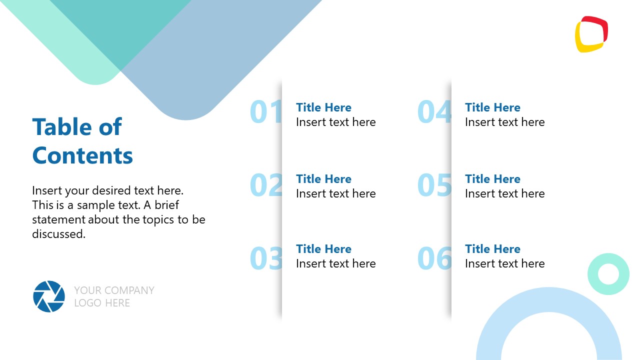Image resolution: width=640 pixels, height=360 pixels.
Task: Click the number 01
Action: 265,112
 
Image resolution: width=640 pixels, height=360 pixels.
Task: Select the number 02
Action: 265,185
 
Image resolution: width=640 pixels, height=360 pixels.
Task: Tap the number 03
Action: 265,258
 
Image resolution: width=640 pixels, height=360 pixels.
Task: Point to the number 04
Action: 434,112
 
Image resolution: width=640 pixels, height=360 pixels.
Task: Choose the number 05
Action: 434,185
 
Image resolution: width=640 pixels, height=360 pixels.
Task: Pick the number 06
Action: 434,258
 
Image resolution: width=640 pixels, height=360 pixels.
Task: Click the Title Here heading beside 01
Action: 323,107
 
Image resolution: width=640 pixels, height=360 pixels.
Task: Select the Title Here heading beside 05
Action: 492,179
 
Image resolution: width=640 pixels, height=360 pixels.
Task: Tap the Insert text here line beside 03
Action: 335,263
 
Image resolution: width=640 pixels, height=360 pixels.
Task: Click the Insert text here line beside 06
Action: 504,263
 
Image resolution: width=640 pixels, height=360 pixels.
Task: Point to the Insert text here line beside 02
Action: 335,193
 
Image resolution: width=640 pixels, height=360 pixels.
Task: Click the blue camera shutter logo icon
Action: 49,296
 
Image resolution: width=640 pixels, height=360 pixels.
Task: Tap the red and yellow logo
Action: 591,34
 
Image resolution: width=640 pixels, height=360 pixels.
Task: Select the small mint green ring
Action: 608,274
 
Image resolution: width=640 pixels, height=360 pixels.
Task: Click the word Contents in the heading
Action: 82,155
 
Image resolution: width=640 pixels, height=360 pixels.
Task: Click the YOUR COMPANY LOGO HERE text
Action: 114,296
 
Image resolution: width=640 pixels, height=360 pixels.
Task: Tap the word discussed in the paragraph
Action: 58,233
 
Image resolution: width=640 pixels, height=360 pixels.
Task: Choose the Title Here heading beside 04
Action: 492,107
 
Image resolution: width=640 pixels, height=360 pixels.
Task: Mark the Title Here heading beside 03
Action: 323,249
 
